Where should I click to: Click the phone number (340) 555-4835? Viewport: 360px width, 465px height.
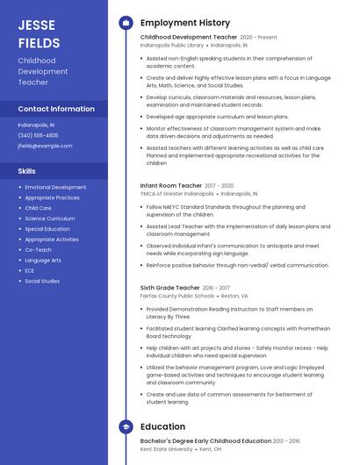tap(38, 135)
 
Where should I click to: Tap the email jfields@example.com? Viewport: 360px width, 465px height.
tap(45, 146)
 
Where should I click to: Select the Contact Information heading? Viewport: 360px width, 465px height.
tap(56, 109)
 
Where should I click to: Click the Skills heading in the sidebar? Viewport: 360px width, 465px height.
tap(27, 170)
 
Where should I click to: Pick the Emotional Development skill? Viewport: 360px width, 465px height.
tap(55, 187)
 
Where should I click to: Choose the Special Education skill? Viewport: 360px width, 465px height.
tap(48, 229)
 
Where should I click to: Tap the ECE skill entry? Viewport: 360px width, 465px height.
tap(30, 270)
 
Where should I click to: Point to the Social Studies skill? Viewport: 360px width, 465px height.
tap(42, 281)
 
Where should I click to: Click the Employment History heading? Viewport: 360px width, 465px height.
tap(184, 23)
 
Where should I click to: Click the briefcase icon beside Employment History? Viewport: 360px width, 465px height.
tap(126, 23)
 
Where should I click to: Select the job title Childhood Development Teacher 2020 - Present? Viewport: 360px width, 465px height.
tap(189, 38)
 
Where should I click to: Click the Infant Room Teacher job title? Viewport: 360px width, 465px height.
tap(170, 186)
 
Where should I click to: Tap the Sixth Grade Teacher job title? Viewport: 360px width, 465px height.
tap(170, 288)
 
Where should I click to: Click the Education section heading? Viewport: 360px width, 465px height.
tap(162, 427)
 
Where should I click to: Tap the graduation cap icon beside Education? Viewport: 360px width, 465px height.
tap(126, 427)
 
